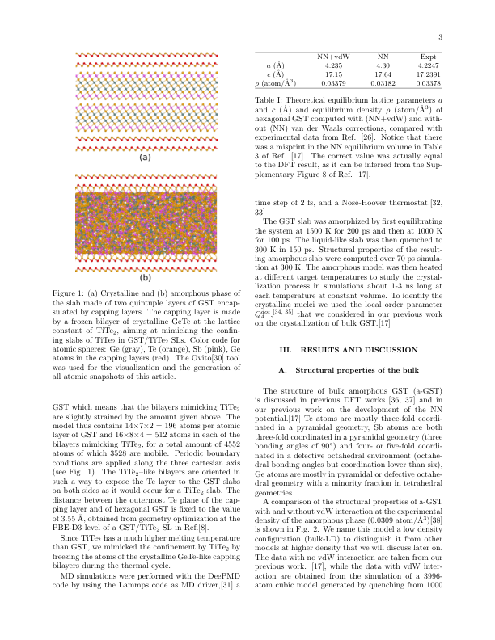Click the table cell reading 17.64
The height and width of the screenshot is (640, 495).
378,73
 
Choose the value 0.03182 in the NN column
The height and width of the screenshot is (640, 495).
378,82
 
